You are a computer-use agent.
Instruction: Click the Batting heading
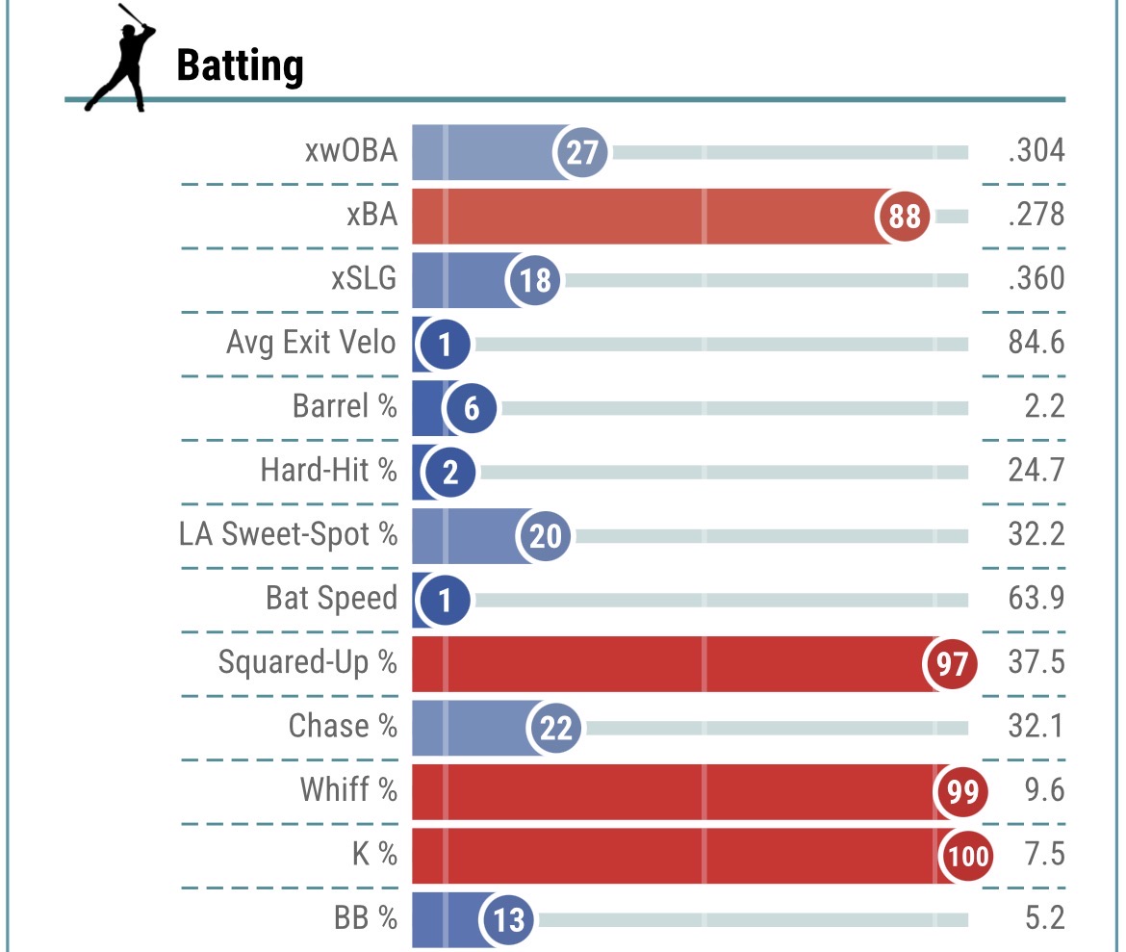tap(241, 66)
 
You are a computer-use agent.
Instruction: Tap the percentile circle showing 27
tap(582, 152)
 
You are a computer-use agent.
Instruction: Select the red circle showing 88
tap(904, 217)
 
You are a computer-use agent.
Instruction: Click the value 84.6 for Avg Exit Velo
tap(1036, 343)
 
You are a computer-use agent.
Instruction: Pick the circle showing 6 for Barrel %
tap(471, 408)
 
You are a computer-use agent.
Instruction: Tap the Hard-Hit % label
tap(328, 471)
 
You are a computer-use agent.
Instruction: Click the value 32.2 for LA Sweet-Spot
tap(1036, 533)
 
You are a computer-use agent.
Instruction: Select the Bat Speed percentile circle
tap(444, 600)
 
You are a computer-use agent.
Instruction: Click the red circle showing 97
tap(951, 663)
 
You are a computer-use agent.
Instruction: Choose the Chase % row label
tap(343, 726)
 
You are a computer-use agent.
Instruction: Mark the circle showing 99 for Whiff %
tap(962, 791)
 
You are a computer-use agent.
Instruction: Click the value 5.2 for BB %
tap(1044, 918)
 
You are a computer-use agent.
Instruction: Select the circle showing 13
tap(507, 919)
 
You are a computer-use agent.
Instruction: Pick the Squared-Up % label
tap(307, 663)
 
